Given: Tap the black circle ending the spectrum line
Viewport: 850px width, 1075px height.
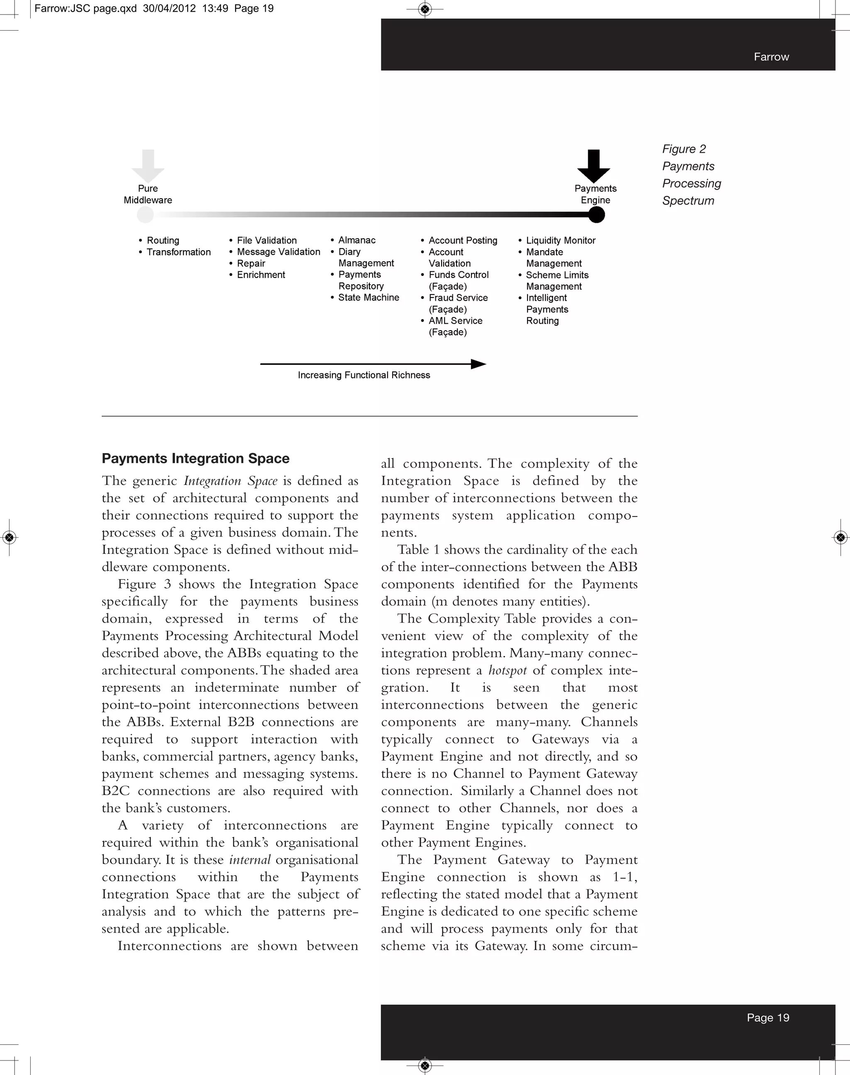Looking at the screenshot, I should coord(596,215).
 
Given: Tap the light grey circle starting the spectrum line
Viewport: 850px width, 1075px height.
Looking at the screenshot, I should coord(145,215).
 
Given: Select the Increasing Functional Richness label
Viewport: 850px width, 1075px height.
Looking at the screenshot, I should coord(364,375).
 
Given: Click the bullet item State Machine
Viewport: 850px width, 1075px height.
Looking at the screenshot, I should coord(368,297).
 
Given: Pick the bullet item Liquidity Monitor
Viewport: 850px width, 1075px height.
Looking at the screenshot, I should coord(560,240).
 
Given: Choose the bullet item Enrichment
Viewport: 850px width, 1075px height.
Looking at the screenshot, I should coord(261,275).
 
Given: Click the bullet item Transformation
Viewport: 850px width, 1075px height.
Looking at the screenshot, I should coord(178,252).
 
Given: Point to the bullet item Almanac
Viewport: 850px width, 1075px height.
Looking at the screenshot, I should coord(357,240).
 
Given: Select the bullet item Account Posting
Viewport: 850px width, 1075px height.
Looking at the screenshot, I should coord(463,240).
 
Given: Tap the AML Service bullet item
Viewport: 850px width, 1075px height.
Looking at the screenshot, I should coord(455,321).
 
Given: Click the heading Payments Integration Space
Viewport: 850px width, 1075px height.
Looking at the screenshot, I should coord(195,458).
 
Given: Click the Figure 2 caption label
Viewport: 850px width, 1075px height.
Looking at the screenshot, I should coord(684,149).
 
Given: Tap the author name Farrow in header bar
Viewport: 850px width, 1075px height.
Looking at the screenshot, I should coord(771,57).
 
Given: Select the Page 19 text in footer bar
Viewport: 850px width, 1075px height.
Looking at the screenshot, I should coord(768,1018).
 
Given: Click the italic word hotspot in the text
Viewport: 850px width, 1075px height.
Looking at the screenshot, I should coord(507,670).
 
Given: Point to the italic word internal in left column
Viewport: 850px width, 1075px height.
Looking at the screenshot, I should coord(250,860).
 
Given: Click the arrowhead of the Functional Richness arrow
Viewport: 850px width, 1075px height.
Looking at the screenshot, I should coord(478,364).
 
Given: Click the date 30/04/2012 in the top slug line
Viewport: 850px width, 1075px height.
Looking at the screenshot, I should coord(169,8).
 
